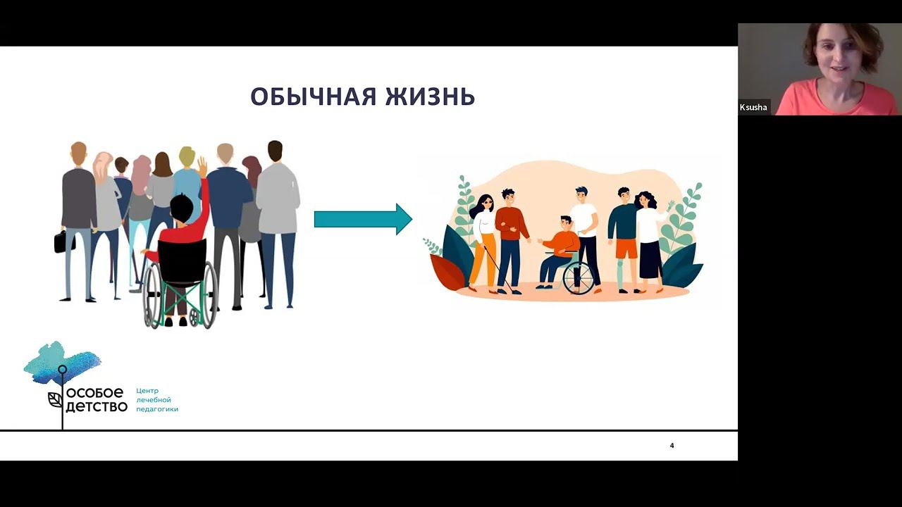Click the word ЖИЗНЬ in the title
click(x=430, y=96)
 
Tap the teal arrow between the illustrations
click(x=363, y=219)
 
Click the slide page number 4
click(x=672, y=446)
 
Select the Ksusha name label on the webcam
click(x=753, y=108)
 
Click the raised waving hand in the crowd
click(x=202, y=167)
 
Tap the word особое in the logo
click(x=94, y=392)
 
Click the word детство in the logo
click(x=97, y=406)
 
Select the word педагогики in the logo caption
click(x=157, y=409)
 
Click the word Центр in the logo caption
click(x=147, y=391)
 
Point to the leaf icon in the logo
click(x=55, y=399)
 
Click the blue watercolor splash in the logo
click(x=62, y=361)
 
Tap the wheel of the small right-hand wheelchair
click(x=579, y=278)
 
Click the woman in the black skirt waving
click(x=649, y=242)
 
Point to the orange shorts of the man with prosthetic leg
click(x=626, y=249)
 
